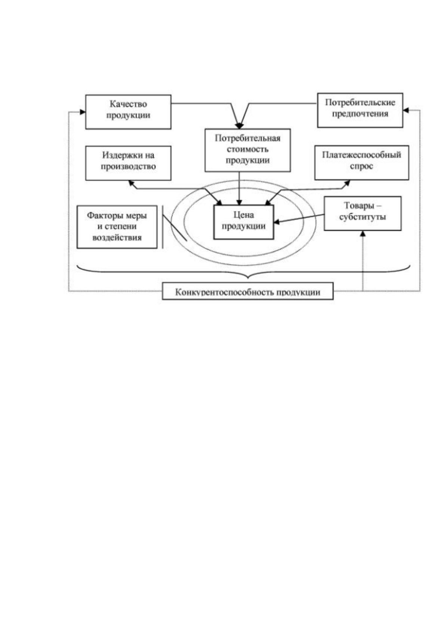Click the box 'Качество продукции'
point(128,112)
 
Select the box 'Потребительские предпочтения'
point(360,110)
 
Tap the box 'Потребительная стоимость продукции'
point(247,150)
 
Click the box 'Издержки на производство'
point(128,163)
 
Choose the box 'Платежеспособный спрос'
point(362,162)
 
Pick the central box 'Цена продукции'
point(244,222)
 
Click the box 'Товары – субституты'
point(362,213)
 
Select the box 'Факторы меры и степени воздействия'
point(117,227)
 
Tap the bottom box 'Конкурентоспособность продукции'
point(247,291)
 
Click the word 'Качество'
point(128,104)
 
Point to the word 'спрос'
point(362,166)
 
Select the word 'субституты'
point(362,217)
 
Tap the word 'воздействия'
point(117,238)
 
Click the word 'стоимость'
point(247,149)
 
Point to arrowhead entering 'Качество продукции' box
point(83,112)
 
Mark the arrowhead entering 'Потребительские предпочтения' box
point(406,110)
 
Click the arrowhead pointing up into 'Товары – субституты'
point(363,233)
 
